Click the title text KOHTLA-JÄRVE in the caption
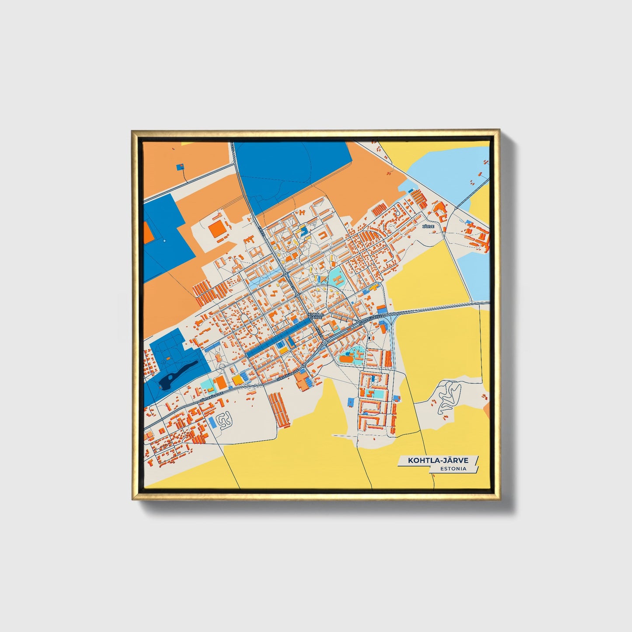[438, 460]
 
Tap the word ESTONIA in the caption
[454, 468]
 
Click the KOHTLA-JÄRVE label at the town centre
[316, 315]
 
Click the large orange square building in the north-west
[217, 230]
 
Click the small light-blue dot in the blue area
[164, 241]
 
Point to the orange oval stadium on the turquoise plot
[346, 359]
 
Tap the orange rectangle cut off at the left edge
[148, 232]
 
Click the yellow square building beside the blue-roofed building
[237, 380]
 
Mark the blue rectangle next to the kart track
[212, 422]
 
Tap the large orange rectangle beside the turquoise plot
[221, 383]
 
